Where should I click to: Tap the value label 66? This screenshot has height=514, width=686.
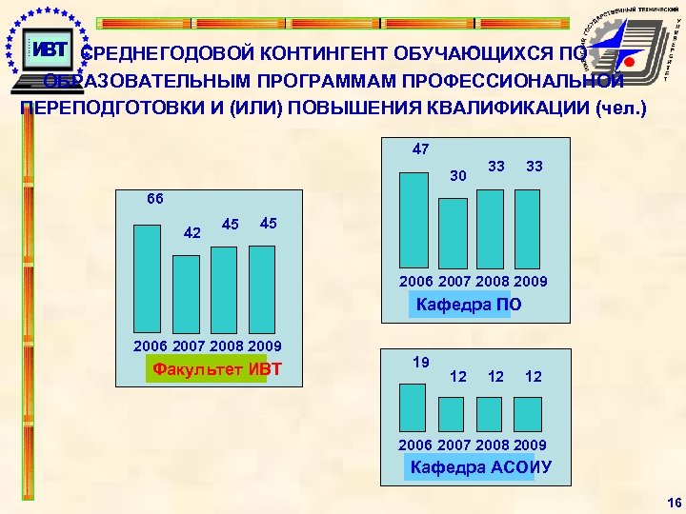pyautogui.click(x=154, y=199)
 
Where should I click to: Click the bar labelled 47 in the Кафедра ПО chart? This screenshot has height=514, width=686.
pyautogui.click(x=414, y=219)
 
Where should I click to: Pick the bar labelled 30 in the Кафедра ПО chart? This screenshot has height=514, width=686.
pyautogui.click(x=453, y=232)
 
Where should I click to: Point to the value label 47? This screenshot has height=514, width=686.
pyautogui.click(x=421, y=148)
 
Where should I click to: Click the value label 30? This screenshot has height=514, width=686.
pyautogui.click(x=458, y=175)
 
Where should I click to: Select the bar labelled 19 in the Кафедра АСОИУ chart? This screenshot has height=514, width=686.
pyautogui.click(x=413, y=408)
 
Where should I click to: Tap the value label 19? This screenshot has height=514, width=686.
pyautogui.click(x=420, y=362)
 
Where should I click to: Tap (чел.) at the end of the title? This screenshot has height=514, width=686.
pyautogui.click(x=620, y=108)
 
